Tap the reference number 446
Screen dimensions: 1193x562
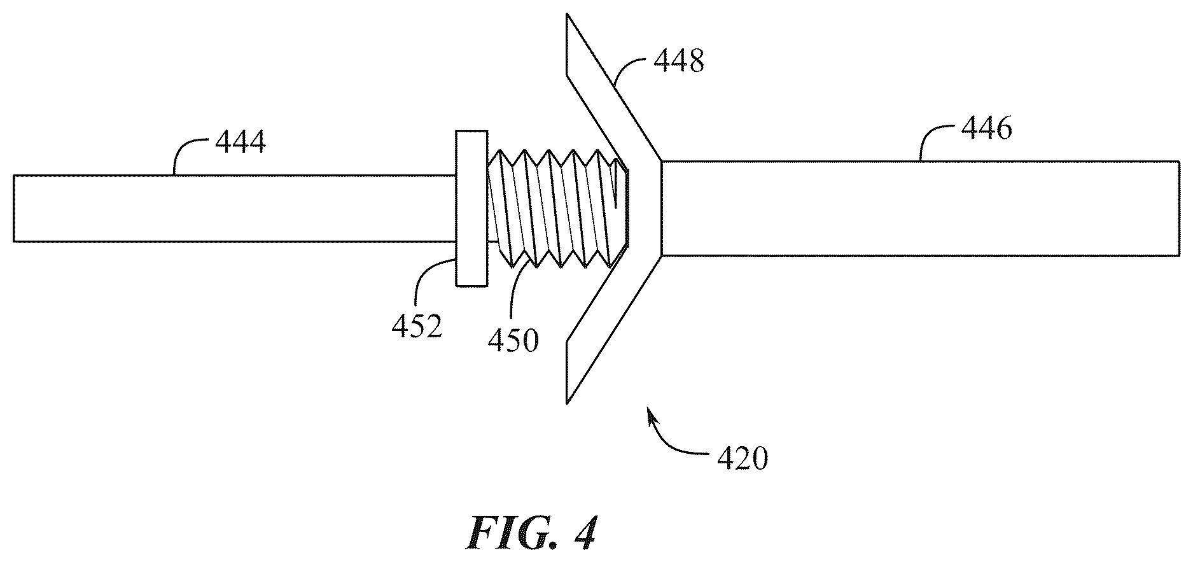[x=987, y=129]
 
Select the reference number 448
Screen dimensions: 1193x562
[x=679, y=62]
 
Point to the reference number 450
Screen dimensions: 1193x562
[x=513, y=341]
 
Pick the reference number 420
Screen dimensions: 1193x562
[x=742, y=458]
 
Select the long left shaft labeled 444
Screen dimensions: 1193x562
[x=234, y=208]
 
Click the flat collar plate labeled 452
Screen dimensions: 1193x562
[x=471, y=208]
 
